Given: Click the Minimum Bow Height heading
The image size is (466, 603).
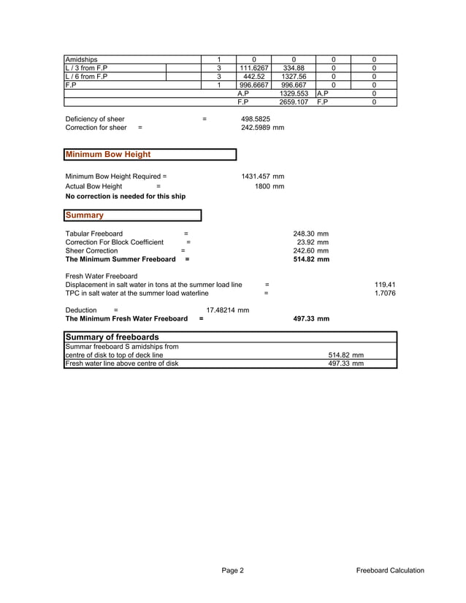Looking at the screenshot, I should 108,155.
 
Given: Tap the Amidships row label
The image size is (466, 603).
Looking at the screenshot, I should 82,59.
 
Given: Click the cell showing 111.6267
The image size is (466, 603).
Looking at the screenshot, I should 254,68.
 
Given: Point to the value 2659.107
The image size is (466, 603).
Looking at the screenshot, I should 293,102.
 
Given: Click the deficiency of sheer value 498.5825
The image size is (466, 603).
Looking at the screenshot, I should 256,119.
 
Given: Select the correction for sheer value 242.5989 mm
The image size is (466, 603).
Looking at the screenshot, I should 262,128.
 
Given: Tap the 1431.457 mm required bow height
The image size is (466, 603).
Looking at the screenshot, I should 262,177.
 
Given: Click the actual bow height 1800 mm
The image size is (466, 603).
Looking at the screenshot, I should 269,187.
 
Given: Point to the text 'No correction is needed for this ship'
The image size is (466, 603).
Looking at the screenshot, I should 126,196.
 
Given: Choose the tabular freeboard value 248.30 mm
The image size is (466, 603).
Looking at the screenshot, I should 310,234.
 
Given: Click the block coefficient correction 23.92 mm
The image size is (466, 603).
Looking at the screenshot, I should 313,242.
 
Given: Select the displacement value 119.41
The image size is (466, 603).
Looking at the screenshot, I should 385,285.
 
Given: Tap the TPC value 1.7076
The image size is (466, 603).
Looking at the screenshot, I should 384,293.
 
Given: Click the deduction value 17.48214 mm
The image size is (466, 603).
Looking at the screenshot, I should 228,310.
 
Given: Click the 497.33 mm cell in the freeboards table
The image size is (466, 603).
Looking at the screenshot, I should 345,364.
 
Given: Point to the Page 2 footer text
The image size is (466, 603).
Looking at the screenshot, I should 233,571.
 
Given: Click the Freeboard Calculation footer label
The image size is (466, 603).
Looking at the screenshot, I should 390,571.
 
